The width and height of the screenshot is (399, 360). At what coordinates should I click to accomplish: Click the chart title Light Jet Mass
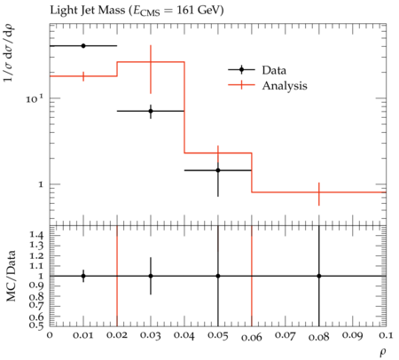pyautogui.click(x=88, y=11)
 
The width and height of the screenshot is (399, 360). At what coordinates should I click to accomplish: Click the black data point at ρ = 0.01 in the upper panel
pyautogui.click(x=83, y=46)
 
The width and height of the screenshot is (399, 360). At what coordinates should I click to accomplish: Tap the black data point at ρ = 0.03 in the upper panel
pyautogui.click(x=151, y=111)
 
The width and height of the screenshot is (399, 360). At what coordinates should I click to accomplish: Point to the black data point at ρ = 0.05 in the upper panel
pyautogui.click(x=218, y=170)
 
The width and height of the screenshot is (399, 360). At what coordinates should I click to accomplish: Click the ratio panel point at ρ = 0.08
pyautogui.click(x=319, y=276)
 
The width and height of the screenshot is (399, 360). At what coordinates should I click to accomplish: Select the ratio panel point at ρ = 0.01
pyautogui.click(x=83, y=276)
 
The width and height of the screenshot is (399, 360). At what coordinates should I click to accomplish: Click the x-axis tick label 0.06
pyautogui.click(x=252, y=337)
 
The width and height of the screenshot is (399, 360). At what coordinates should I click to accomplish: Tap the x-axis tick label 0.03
pyautogui.click(x=151, y=335)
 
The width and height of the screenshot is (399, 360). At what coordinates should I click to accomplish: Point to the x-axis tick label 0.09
pyautogui.click(x=353, y=335)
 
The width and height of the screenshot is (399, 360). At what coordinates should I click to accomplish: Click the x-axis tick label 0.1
pyautogui.click(x=387, y=335)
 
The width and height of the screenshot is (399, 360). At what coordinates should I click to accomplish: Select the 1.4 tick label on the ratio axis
pyautogui.click(x=36, y=235)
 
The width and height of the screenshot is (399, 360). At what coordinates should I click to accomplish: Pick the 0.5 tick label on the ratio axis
pyautogui.click(x=36, y=325)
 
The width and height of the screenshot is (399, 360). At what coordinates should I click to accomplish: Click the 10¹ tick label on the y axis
pyautogui.click(x=35, y=98)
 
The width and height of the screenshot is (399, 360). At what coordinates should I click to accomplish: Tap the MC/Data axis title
pyautogui.click(x=12, y=276)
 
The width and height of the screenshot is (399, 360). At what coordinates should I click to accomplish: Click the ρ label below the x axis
pyautogui.click(x=383, y=352)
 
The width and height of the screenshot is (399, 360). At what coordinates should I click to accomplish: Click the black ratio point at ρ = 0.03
pyautogui.click(x=151, y=276)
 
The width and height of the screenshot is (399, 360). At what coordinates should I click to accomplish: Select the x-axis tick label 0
pyautogui.click(x=50, y=335)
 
